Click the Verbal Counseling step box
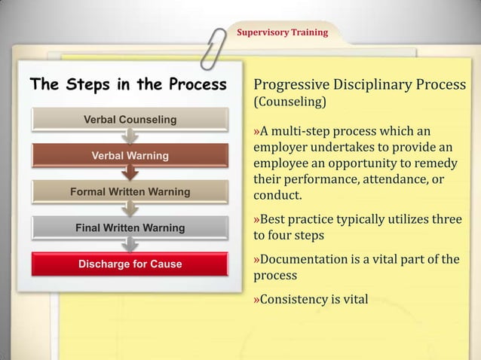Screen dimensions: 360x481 [130, 120]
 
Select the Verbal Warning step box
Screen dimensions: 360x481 [130, 156]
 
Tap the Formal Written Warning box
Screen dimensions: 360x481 [130, 192]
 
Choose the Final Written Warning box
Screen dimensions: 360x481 [130, 227]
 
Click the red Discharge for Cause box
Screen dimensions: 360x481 [130, 264]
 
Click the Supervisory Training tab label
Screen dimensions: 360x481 [283, 33]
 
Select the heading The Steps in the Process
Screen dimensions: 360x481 [127, 84]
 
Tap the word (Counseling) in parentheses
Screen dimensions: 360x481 [290, 101]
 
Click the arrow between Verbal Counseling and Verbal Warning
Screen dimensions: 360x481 [130, 137]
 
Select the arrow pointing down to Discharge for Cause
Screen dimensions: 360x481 [130, 245]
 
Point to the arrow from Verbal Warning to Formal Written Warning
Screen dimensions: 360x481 [130, 173]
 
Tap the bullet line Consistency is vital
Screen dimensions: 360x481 [313, 300]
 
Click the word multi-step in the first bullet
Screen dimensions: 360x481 [307, 133]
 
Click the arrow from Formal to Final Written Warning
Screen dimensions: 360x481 [130, 209]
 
